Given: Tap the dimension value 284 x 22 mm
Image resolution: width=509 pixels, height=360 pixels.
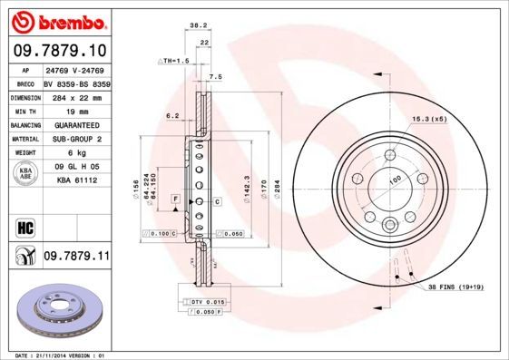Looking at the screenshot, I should point(76,96).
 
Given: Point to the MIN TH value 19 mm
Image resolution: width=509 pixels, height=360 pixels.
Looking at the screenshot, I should point(76,111).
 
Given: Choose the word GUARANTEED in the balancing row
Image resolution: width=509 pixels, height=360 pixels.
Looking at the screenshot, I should point(76,124).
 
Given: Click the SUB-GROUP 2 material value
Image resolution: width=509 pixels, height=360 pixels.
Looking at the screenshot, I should point(76,139).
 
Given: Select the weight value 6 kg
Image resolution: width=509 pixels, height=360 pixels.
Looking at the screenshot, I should point(76,153).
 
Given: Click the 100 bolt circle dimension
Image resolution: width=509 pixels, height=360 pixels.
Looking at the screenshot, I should point(394,180).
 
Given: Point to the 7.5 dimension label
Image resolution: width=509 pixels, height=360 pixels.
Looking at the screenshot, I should point(215,77).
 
